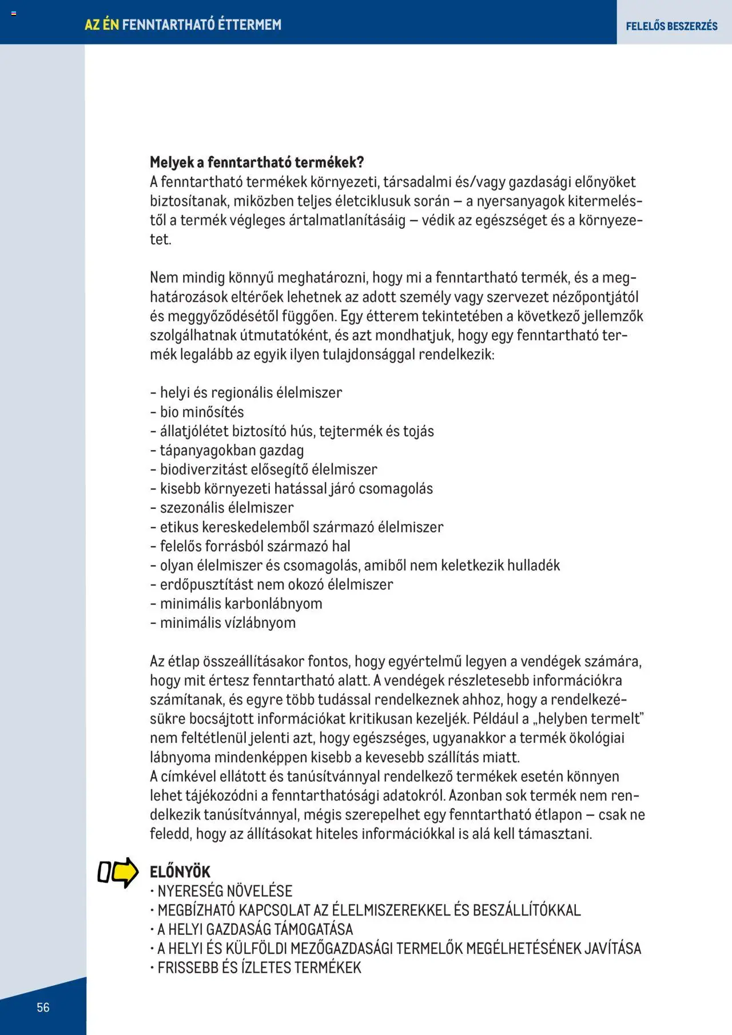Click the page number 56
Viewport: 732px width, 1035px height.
click(x=43, y=1007)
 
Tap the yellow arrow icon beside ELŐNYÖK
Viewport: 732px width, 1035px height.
click(x=125, y=872)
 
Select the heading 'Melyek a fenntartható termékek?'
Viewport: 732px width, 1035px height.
click(x=257, y=162)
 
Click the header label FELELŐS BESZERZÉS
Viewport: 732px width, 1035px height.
click(x=671, y=26)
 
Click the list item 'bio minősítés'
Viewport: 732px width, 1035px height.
click(x=201, y=412)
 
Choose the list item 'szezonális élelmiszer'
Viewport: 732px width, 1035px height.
click(x=226, y=507)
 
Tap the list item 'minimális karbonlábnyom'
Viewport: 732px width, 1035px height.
click(x=241, y=603)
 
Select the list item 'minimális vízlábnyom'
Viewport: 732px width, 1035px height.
click(x=228, y=622)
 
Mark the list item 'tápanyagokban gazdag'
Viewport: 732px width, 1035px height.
click(x=232, y=450)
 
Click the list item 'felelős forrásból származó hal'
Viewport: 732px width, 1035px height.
click(x=255, y=546)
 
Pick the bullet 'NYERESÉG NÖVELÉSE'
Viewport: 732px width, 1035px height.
click(x=225, y=890)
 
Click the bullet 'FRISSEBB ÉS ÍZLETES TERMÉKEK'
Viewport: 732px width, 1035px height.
click(x=259, y=967)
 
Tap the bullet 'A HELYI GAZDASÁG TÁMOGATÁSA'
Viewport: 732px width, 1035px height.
click(x=255, y=929)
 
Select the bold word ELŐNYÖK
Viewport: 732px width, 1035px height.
click(x=180, y=871)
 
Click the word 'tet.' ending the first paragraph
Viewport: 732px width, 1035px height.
click(x=161, y=239)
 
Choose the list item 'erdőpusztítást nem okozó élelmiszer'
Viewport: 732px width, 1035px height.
click(x=276, y=584)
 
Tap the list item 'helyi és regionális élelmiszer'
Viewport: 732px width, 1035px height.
click(x=250, y=392)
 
